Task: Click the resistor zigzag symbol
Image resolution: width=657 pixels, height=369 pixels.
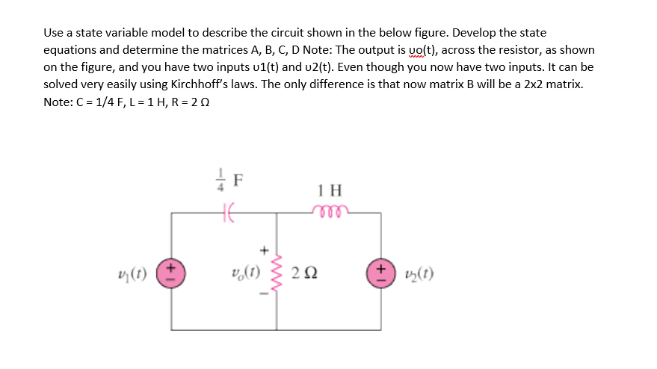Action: tap(278, 270)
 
